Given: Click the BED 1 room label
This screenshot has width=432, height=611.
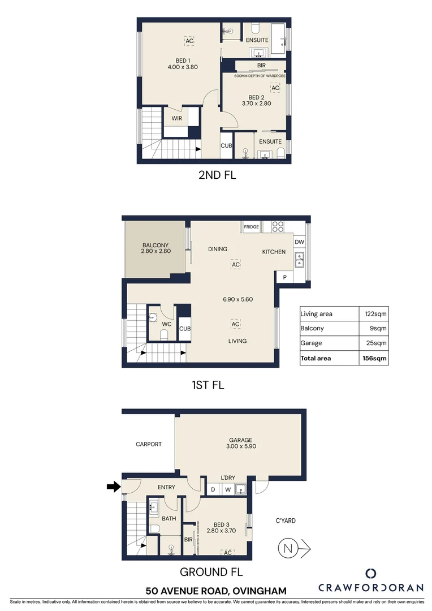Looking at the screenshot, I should click(182, 61).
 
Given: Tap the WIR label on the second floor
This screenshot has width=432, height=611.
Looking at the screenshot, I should click(176, 118).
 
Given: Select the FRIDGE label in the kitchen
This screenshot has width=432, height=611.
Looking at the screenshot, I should click(251, 227).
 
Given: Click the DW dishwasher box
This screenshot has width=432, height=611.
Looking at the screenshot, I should click(300, 242).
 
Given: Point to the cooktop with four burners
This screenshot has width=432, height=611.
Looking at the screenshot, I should click(278, 226).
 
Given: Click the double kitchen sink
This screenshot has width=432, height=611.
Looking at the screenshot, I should click(300, 260).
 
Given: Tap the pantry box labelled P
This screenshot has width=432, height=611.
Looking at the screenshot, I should click(284, 277).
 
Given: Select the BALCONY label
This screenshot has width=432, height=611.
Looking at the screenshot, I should click(156, 244).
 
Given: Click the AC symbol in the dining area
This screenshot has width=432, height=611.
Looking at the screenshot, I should click(236, 264).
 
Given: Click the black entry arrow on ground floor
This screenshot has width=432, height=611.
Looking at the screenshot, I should click(114, 486).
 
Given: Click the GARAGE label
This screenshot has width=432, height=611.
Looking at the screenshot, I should click(240, 440).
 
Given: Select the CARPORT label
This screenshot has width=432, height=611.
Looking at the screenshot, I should click(149, 444).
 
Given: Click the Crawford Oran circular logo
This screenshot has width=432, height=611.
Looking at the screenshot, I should click(371, 573).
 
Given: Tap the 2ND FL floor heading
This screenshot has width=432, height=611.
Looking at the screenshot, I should click(217, 175).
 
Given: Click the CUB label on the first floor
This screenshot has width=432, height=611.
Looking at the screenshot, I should click(184, 329).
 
